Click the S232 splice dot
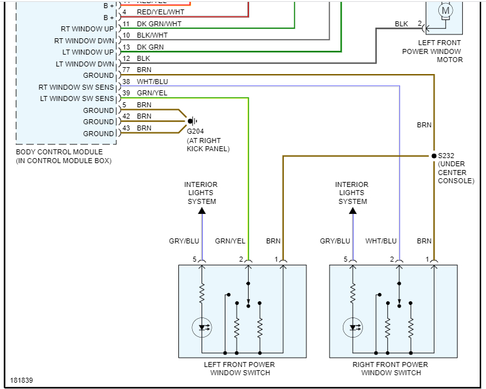tap(433, 156)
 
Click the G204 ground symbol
tap(193, 121)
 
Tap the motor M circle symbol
tap(446, 10)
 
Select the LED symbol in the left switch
tap(203, 327)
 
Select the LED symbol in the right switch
tap(354, 327)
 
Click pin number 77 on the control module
tap(126, 70)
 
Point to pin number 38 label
tap(126, 82)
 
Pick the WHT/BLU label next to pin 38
tap(153, 82)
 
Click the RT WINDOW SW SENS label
tap(76, 87)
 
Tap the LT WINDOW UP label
tap(85, 52)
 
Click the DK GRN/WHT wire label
tap(161, 24)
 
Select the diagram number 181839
tap(22, 380)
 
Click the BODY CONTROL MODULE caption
tap(58, 152)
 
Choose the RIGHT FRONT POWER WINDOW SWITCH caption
tap(391, 369)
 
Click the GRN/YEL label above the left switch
tap(230, 241)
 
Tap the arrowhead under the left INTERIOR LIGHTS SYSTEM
tap(202, 211)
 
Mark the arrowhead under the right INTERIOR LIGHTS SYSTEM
tap(352, 211)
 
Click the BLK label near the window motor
tap(401, 24)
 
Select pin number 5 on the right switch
tap(346, 259)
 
